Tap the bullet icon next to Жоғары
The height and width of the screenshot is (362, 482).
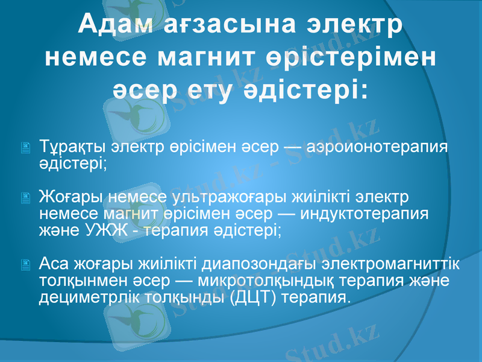click(25, 197)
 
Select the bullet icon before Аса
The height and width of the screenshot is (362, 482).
click(25, 264)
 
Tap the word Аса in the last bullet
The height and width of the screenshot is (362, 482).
click(54, 264)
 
